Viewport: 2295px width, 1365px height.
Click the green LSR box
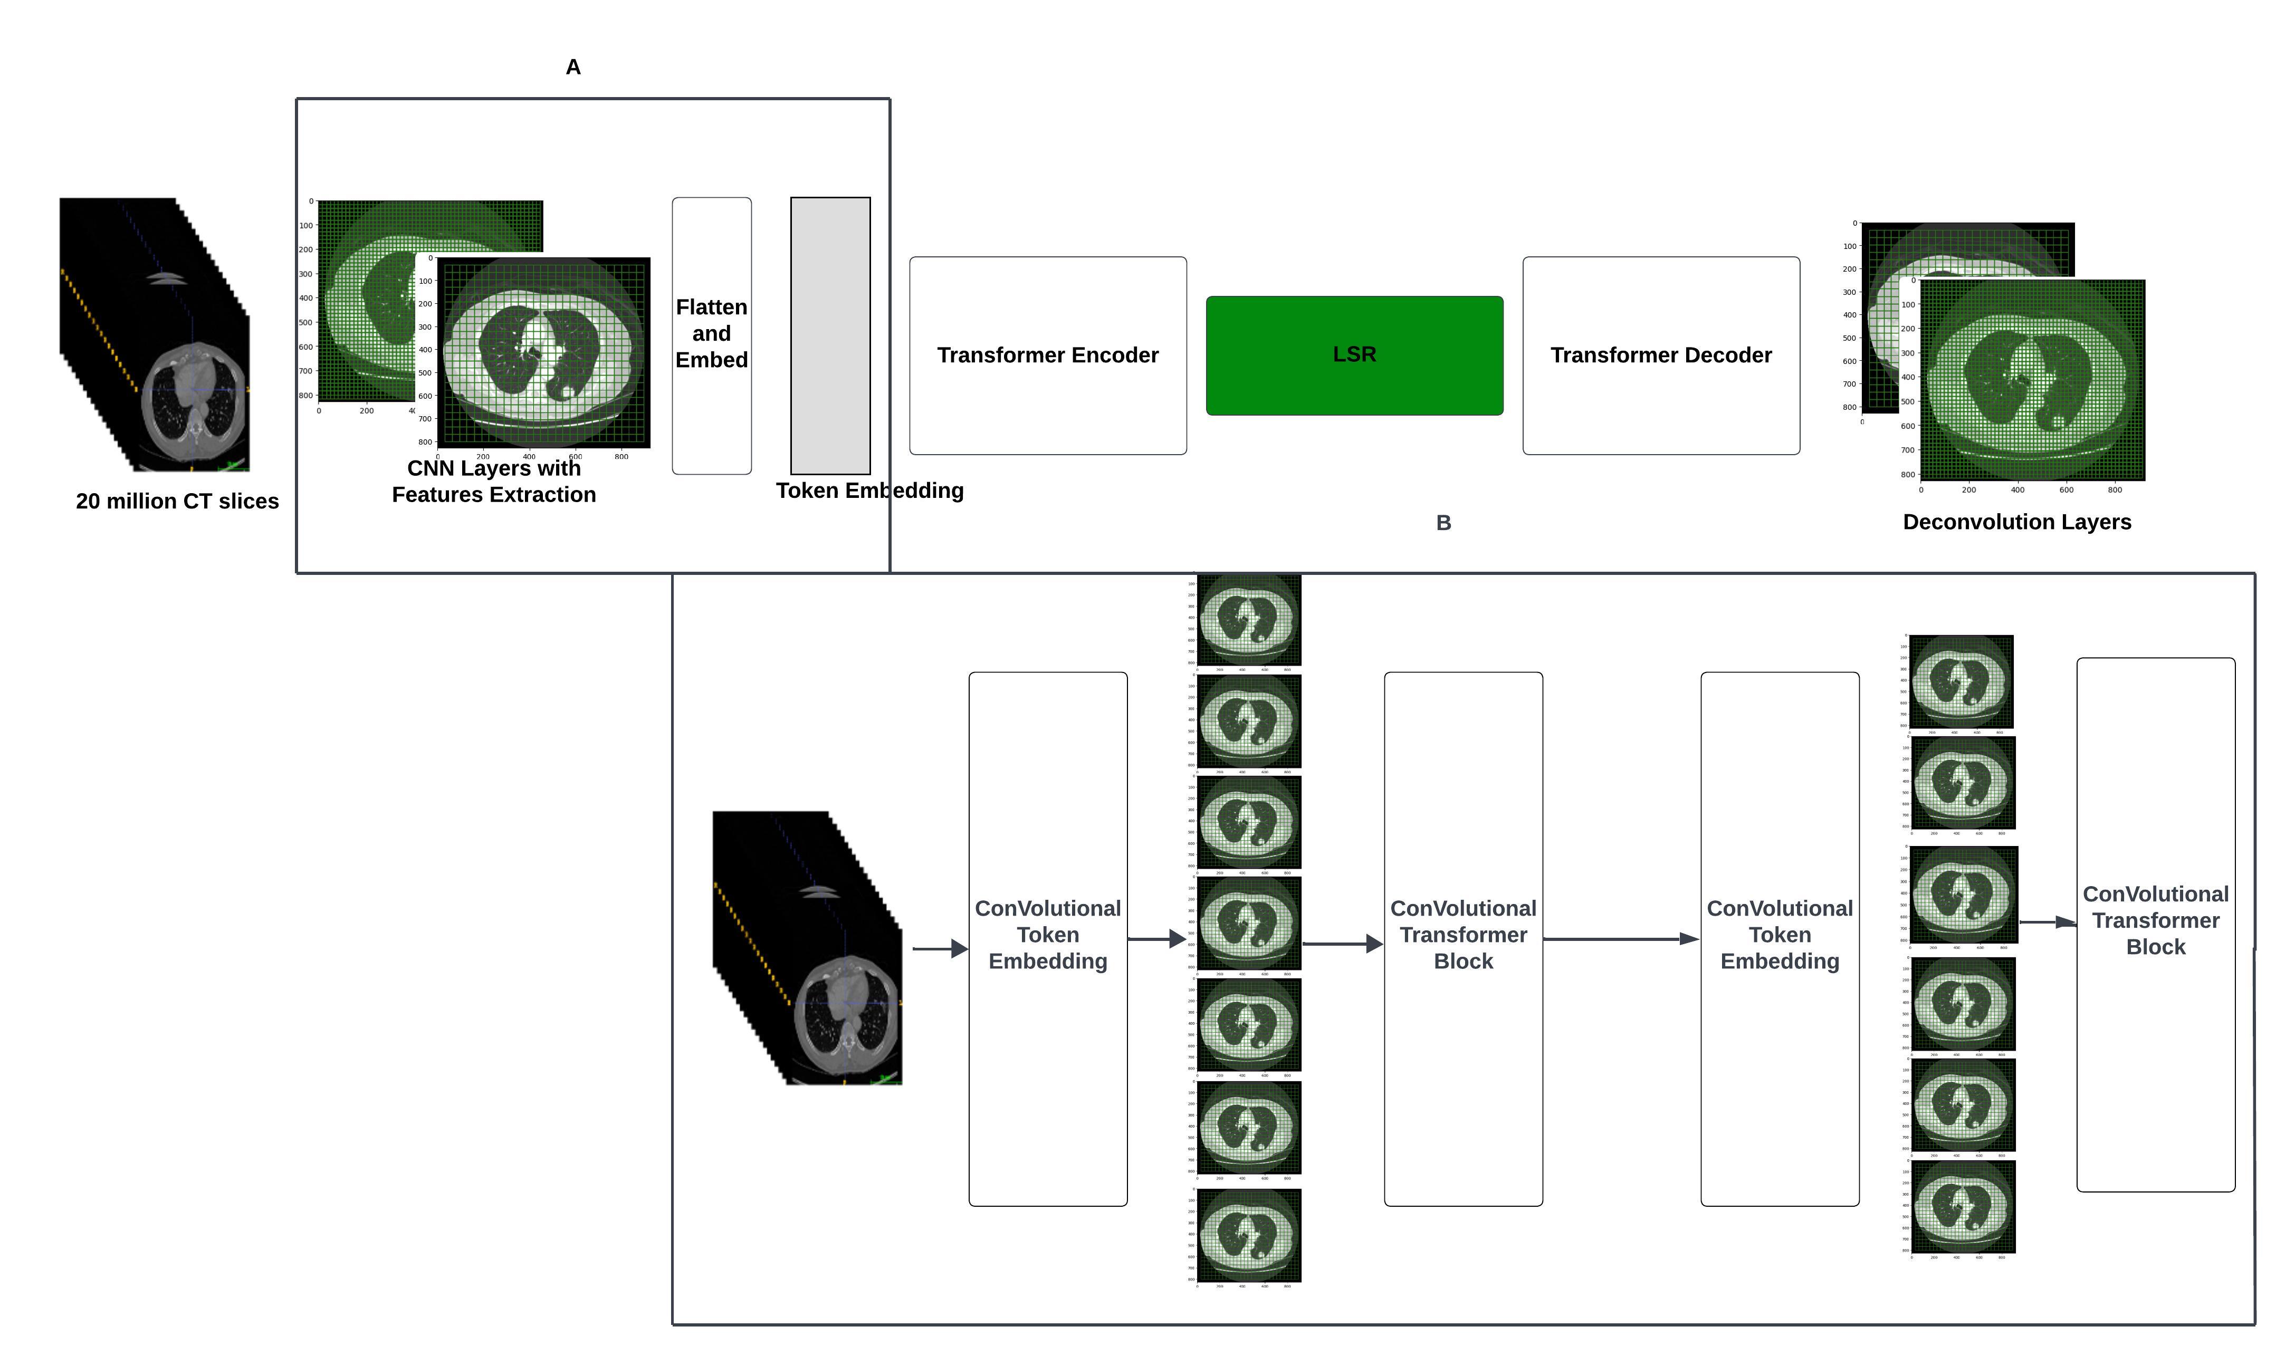(1353, 355)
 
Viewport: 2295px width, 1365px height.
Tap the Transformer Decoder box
(1660, 355)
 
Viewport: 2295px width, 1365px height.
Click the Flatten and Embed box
(711, 335)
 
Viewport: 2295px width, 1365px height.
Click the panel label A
(573, 67)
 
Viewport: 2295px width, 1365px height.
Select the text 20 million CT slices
(177, 501)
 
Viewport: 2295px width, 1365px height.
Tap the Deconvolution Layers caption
(2016, 522)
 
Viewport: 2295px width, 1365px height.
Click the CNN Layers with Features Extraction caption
(494, 481)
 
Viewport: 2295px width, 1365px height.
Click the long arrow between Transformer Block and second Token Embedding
(1620, 939)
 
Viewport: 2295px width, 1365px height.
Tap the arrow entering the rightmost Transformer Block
(2047, 921)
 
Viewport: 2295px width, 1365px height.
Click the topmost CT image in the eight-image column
(1248, 619)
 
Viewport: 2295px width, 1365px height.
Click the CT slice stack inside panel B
(807, 947)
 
